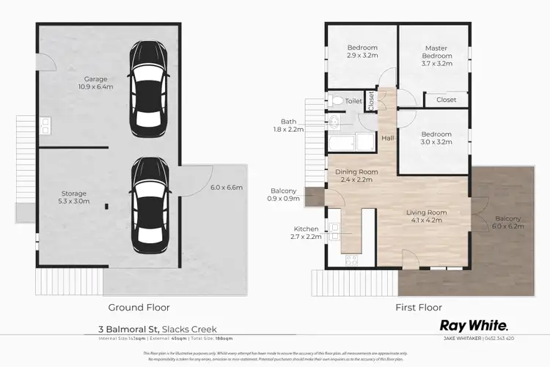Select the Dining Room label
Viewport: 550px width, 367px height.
click(356, 176)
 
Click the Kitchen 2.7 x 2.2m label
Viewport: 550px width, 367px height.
click(306, 233)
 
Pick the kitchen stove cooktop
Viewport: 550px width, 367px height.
click(351, 259)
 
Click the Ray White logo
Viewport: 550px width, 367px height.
click(474, 325)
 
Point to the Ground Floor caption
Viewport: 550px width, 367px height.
click(139, 308)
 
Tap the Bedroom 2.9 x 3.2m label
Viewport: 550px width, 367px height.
click(362, 52)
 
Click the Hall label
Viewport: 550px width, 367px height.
click(388, 138)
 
